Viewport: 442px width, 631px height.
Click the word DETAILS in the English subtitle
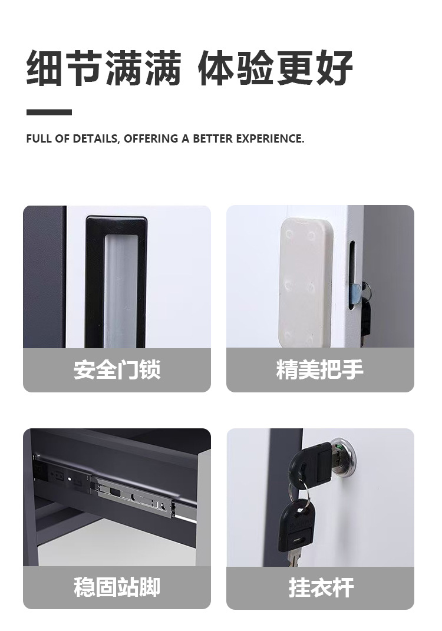point(95,139)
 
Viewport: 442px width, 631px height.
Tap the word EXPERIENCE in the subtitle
point(270,139)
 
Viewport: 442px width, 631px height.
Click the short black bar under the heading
point(49,112)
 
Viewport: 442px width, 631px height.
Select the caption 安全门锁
point(117,369)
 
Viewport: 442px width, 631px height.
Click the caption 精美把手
point(320,369)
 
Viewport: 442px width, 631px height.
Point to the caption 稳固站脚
point(117,587)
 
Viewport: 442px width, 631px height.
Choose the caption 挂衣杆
point(321,587)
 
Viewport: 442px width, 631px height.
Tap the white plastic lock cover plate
point(307,282)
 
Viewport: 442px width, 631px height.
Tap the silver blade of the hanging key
point(294,559)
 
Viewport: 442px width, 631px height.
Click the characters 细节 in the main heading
point(64,68)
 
